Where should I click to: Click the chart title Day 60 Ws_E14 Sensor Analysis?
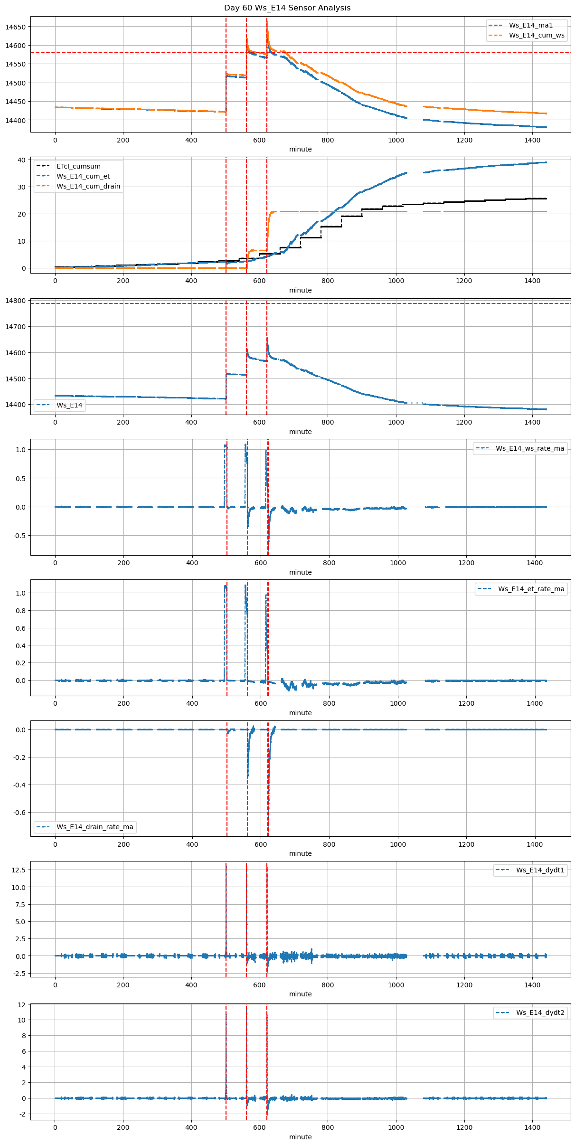287,8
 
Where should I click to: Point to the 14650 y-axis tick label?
15,27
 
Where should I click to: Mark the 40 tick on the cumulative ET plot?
21,160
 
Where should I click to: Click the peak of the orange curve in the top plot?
267,21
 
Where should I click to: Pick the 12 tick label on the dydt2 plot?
21,1004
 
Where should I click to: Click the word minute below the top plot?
301,149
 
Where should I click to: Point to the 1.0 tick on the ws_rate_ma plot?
20,449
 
